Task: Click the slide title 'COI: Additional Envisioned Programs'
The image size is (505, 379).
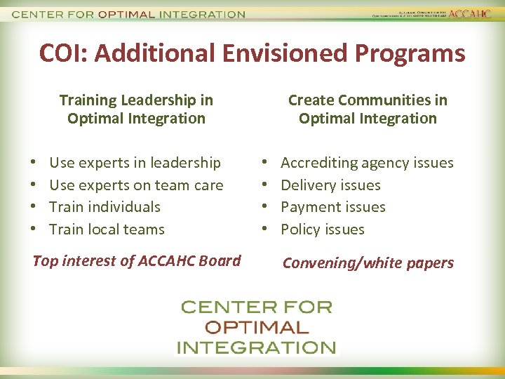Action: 252,53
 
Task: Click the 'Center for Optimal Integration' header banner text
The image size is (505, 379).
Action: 129,14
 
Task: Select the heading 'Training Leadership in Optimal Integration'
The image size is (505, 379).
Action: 136,109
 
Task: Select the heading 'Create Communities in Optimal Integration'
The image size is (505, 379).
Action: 368,109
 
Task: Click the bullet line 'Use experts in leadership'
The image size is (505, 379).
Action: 135,163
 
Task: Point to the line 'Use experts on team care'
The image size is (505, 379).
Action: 136,185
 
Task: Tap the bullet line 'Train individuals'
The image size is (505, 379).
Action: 105,207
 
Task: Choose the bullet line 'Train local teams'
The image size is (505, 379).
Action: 107,230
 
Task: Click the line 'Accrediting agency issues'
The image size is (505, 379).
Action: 367,163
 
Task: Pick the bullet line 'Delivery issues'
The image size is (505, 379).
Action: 330,185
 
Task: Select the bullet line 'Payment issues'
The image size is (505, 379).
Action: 333,207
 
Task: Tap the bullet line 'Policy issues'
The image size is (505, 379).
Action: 323,230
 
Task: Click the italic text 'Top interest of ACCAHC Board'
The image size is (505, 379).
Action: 137,261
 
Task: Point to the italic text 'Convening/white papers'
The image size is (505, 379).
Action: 368,263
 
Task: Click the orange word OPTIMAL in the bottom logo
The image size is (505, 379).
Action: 256,327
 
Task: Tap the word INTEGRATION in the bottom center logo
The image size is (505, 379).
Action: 256,347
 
